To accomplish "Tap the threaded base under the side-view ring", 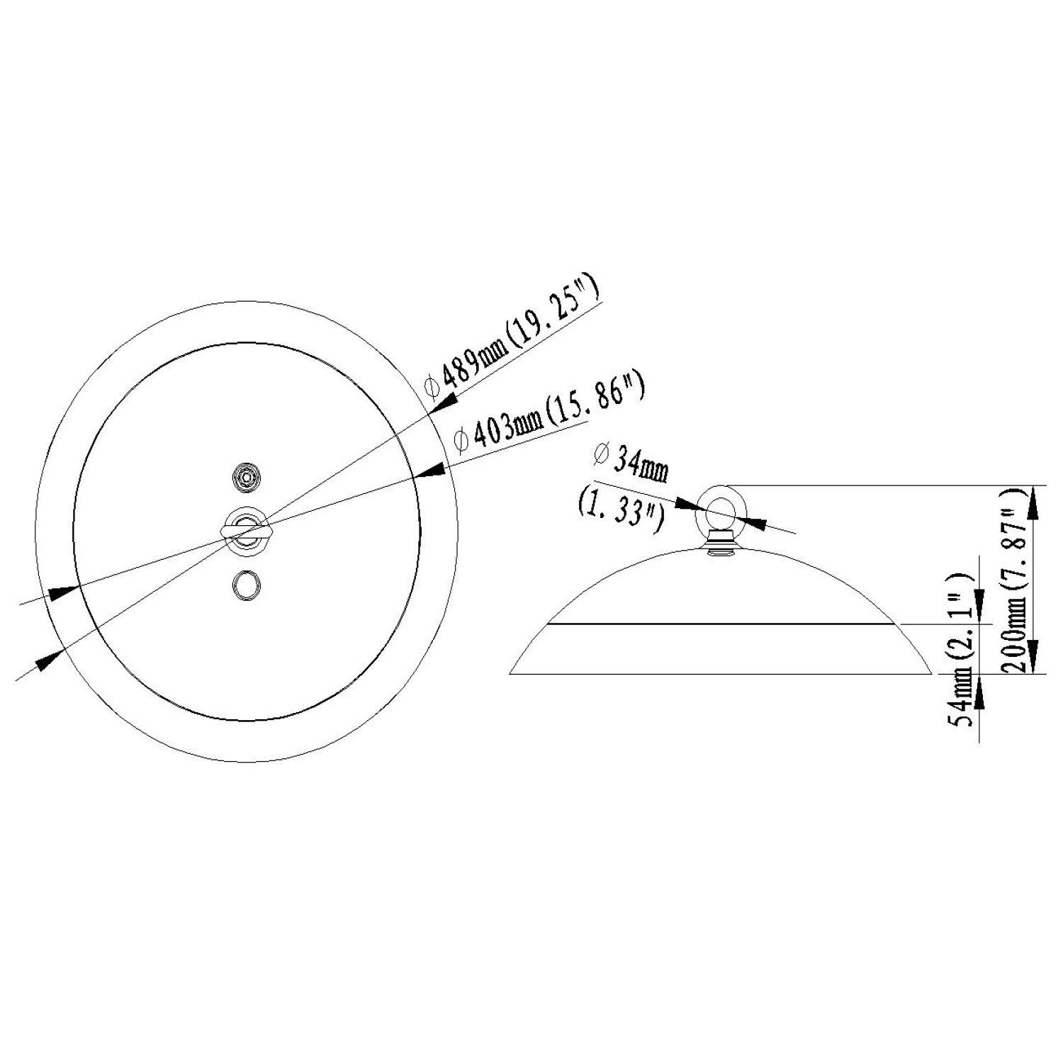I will pyautogui.click(x=720, y=542).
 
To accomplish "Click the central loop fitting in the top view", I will pyautogui.click(x=246, y=529).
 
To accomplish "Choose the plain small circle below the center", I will pyautogui.click(x=246, y=585).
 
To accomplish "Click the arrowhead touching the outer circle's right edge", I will pyautogui.click(x=443, y=403).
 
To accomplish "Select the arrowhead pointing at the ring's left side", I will pyautogui.click(x=687, y=504).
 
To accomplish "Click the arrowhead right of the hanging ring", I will pyautogui.click(x=755, y=524).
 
